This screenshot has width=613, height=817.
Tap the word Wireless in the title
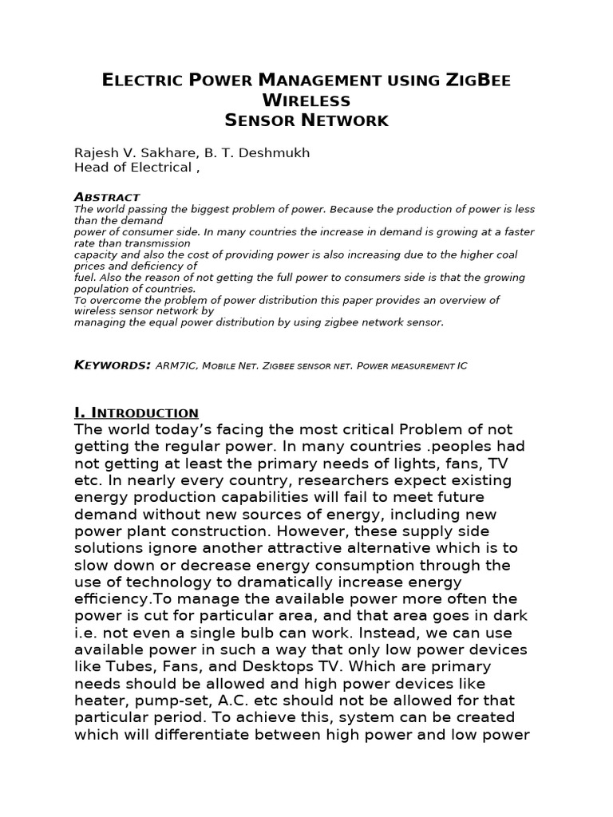(306, 101)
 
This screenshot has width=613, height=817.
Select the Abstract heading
(107, 196)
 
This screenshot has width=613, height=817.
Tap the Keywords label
(113, 365)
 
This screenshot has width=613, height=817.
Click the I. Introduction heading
(136, 412)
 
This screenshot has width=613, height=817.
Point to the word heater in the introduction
(97, 700)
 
